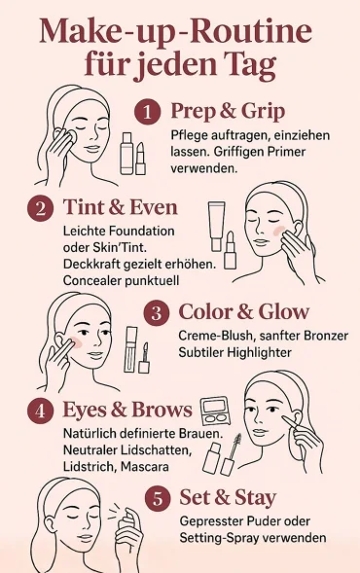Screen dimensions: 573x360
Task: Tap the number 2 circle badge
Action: coord(41,208)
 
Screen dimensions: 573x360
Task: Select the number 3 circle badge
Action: coord(157,313)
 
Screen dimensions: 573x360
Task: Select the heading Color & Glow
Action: coord(243,312)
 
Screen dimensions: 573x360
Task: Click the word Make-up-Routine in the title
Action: coord(175,33)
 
